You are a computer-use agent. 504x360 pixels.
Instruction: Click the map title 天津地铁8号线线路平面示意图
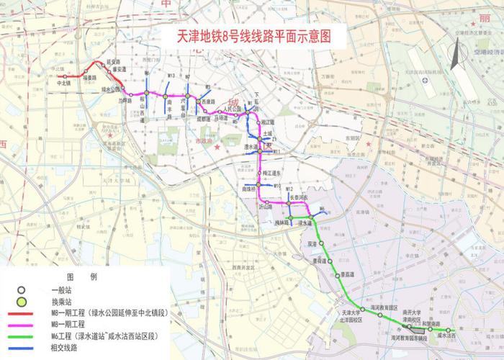point(253,37)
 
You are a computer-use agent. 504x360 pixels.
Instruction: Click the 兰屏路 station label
point(126,102)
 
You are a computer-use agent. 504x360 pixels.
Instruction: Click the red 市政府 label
point(195,143)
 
